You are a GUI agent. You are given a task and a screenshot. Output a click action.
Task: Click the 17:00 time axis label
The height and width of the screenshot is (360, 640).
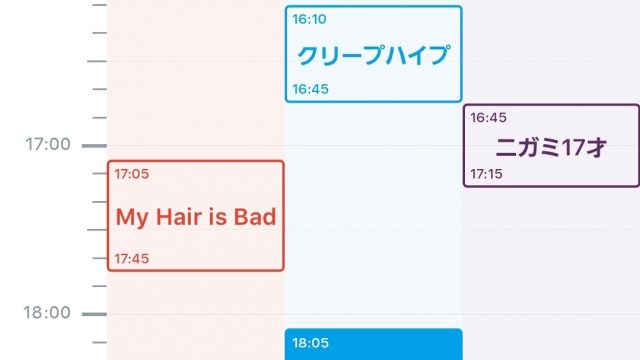[48, 144]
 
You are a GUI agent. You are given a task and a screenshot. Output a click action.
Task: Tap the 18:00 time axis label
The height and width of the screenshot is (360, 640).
[47, 313]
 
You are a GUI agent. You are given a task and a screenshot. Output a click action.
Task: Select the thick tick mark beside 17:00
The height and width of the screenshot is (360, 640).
[94, 145]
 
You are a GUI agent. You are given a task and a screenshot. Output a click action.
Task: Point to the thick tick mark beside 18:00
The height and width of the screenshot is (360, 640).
[94, 314]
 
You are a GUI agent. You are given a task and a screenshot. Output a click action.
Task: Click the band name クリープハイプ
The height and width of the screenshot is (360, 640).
[373, 55]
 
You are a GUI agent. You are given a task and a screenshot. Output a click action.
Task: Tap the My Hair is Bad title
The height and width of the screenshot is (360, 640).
[196, 217]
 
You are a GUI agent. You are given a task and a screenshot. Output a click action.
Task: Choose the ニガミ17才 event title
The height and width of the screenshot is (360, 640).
[551, 147]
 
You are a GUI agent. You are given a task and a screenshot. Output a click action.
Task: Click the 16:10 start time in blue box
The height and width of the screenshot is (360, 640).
[309, 19]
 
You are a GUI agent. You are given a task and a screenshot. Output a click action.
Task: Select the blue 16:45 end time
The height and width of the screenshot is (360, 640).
[310, 89]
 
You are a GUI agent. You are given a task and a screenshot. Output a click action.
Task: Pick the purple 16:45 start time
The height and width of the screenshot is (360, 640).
[488, 118]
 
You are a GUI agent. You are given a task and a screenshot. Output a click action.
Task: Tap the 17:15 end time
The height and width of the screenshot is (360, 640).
[486, 174]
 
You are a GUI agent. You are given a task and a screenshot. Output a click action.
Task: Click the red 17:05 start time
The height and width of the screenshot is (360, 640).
[131, 174]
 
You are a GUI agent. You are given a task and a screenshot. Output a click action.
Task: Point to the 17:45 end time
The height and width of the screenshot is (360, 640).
[131, 258]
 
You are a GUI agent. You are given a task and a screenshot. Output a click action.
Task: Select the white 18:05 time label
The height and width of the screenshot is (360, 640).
[310, 343]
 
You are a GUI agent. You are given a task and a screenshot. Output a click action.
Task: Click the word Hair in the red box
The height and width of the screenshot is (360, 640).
[179, 216]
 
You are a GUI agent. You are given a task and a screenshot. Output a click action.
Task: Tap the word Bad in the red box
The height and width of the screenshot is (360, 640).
[255, 216]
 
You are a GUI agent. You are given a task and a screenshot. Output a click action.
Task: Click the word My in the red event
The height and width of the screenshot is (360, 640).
[131, 218]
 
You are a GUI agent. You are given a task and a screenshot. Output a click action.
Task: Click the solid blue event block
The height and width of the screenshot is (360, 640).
[373, 344]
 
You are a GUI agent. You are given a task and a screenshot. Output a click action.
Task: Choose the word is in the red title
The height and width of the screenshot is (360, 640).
[218, 216]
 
